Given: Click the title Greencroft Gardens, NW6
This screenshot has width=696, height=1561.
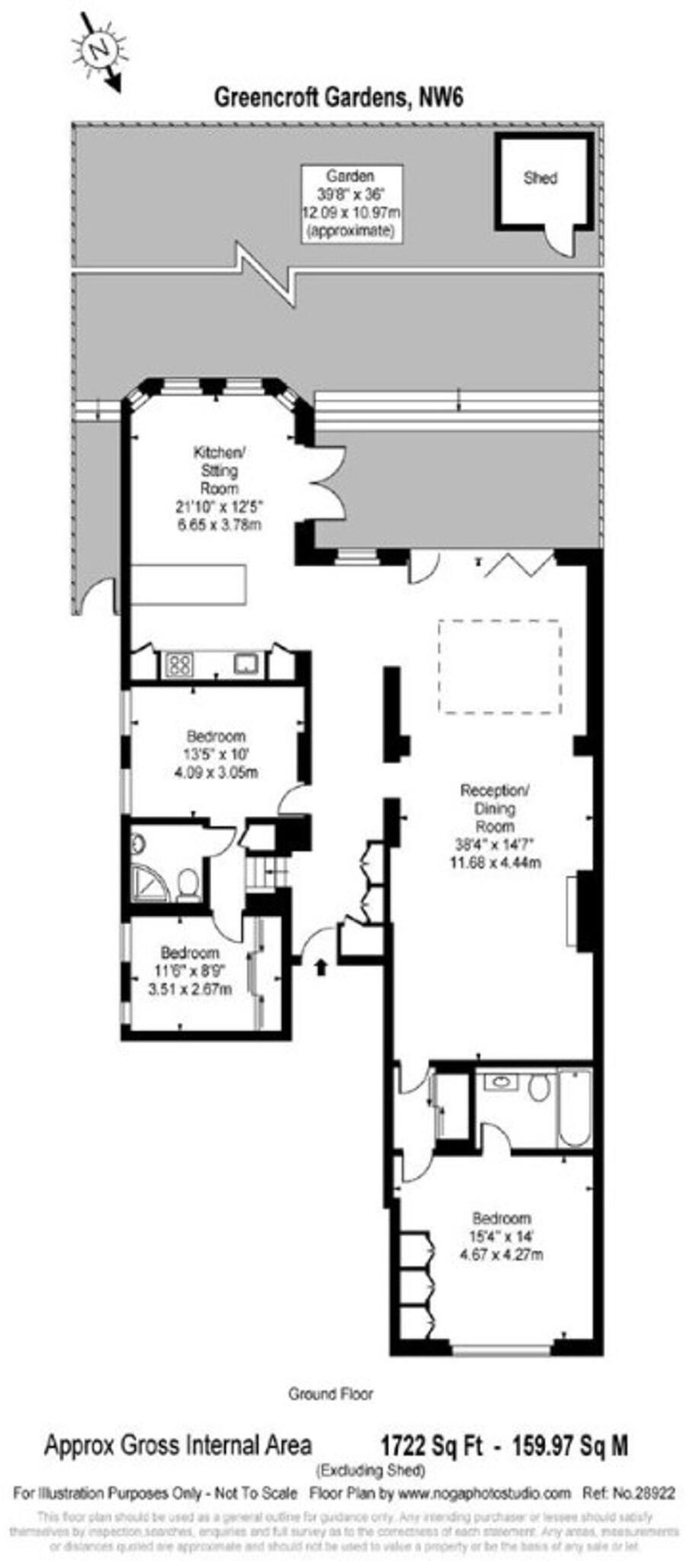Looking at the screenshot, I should point(338,98).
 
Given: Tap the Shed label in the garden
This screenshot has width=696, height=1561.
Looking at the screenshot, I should point(540,178).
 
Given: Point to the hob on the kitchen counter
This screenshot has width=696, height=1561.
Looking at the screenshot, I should point(177,665).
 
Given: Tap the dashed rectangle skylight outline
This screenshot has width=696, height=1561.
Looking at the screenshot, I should point(500,667).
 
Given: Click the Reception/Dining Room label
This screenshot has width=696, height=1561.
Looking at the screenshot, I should point(495,825).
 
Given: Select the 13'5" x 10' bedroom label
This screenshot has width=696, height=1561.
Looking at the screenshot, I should point(216,754).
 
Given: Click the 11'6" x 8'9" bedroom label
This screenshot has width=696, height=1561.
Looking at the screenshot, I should point(190,970).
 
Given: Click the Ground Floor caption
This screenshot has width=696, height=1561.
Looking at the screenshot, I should point(330,1393).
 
